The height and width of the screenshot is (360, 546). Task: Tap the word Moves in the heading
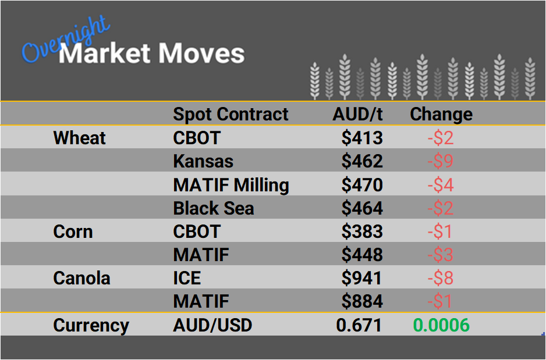(201, 54)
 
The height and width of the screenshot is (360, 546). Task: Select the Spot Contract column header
(231, 114)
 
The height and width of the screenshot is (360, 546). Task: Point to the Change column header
(441, 114)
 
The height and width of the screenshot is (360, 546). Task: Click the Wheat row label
(79, 138)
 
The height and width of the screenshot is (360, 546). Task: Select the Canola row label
(81, 278)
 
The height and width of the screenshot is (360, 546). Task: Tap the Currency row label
(91, 325)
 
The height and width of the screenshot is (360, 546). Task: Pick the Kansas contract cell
(203, 161)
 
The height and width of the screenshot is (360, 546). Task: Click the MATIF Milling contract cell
(231, 185)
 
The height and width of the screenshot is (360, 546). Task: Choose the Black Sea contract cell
(214, 208)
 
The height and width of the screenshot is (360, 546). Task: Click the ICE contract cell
(187, 278)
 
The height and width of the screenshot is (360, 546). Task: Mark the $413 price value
(362, 138)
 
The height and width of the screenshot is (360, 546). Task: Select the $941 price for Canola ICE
(362, 278)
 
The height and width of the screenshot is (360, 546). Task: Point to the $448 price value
(362, 255)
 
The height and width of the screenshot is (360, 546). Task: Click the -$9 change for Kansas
(440, 161)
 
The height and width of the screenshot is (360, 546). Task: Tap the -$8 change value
(440, 278)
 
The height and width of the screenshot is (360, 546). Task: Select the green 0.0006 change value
(441, 325)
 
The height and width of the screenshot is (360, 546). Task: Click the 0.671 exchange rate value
(359, 325)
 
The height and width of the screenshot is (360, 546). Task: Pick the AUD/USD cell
(212, 325)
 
